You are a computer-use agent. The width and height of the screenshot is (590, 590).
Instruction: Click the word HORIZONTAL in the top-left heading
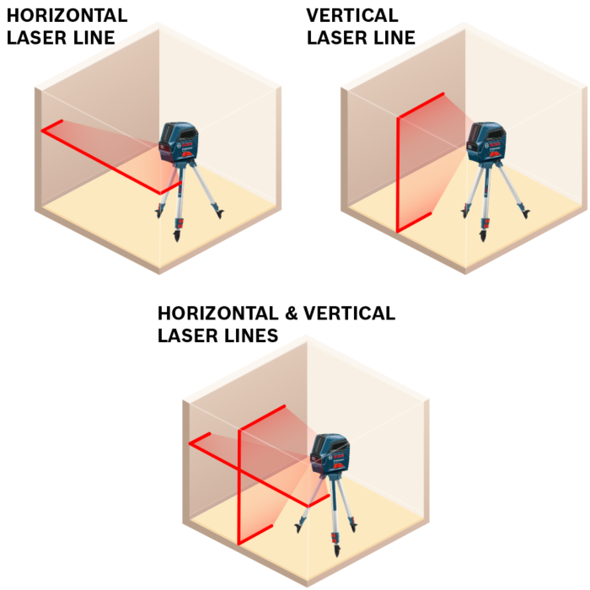tap(67, 15)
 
